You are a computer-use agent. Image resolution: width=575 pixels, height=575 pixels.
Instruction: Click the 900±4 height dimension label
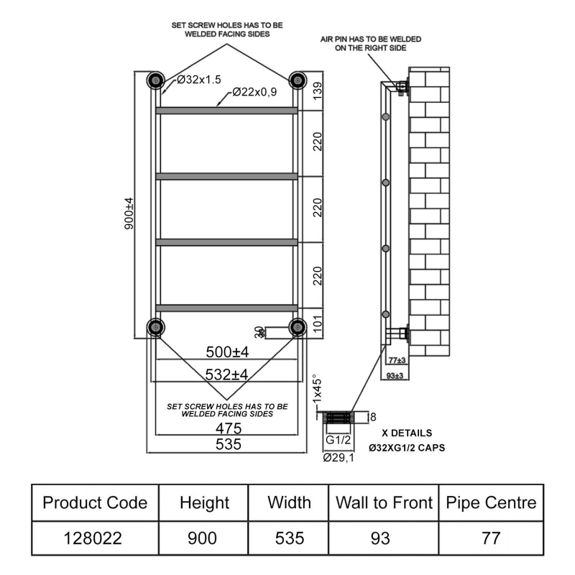click(129, 213)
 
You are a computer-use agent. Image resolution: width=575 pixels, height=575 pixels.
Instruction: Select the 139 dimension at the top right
click(317, 91)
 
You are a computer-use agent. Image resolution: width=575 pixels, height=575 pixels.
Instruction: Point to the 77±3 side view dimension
click(397, 360)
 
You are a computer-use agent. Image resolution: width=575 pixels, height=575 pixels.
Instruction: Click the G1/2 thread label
click(338, 440)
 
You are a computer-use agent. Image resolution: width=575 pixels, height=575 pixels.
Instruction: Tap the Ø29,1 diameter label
click(339, 457)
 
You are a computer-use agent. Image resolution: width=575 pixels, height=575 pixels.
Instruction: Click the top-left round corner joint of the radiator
click(155, 79)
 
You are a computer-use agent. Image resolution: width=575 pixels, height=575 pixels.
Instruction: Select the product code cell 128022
click(94, 538)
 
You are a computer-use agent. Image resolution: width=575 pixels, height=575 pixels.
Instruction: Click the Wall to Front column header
click(384, 502)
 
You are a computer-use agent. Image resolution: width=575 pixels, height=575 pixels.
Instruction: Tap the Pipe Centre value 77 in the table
click(492, 538)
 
